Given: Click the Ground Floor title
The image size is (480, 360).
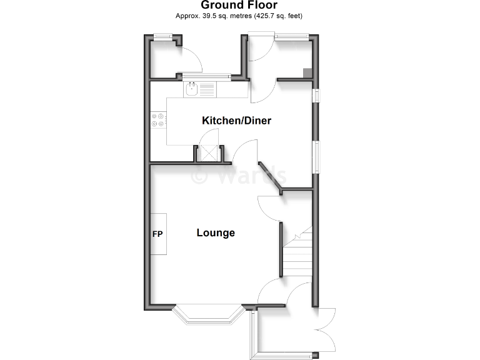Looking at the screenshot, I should [x=240, y=6].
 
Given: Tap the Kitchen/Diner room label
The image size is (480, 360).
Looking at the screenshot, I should [x=236, y=121].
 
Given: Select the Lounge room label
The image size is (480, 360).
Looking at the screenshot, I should [x=216, y=233].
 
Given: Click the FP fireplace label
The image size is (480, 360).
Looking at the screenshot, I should [x=157, y=234].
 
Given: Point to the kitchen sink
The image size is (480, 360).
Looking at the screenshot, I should [x=192, y=89].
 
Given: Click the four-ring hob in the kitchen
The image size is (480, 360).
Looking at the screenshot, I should [x=158, y=120].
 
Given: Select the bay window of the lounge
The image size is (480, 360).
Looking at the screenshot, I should [x=207, y=317].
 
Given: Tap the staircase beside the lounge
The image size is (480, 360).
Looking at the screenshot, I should [x=298, y=253].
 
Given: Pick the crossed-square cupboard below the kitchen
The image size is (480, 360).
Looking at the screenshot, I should [x=208, y=154].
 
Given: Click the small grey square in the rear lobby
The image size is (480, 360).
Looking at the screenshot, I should [x=307, y=72].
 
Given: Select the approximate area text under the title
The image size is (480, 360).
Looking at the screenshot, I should [x=240, y=16].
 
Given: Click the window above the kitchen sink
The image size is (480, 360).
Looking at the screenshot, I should [x=206, y=77].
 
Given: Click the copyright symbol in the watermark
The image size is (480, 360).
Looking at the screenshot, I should [x=199, y=176].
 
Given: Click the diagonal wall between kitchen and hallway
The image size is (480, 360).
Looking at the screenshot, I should [x=271, y=176].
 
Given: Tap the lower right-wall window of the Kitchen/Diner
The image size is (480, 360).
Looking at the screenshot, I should [x=317, y=157].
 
